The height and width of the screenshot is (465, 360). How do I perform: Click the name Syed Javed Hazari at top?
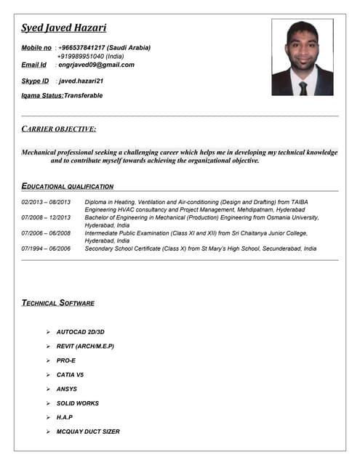pos(64,28)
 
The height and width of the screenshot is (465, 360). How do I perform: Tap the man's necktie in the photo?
pos(303,87)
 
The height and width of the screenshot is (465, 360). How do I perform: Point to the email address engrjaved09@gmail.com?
pos(96,65)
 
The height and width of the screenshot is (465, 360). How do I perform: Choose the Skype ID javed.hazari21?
pos(81,81)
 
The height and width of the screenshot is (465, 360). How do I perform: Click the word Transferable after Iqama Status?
pos(83,95)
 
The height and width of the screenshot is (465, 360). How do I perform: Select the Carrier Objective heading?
pos(59,129)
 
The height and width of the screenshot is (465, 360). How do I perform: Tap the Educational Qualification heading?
pos(68,186)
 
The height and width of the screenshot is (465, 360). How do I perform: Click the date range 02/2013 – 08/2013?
pos(46,201)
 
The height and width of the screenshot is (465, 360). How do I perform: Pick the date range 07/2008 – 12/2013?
pos(46,217)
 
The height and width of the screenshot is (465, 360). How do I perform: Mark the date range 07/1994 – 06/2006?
pos(46,248)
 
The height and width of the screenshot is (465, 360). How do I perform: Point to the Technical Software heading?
pos(58,302)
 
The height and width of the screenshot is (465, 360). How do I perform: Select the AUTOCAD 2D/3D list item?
pos(80,332)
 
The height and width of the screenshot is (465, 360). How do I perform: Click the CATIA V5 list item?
pos(70,375)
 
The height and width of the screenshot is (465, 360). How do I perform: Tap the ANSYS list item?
pos(66,389)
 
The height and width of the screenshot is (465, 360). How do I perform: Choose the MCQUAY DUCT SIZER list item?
pos(88,432)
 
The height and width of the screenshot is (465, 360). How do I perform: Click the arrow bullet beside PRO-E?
pos(47,360)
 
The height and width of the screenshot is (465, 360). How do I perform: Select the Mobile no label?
pos(36,47)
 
